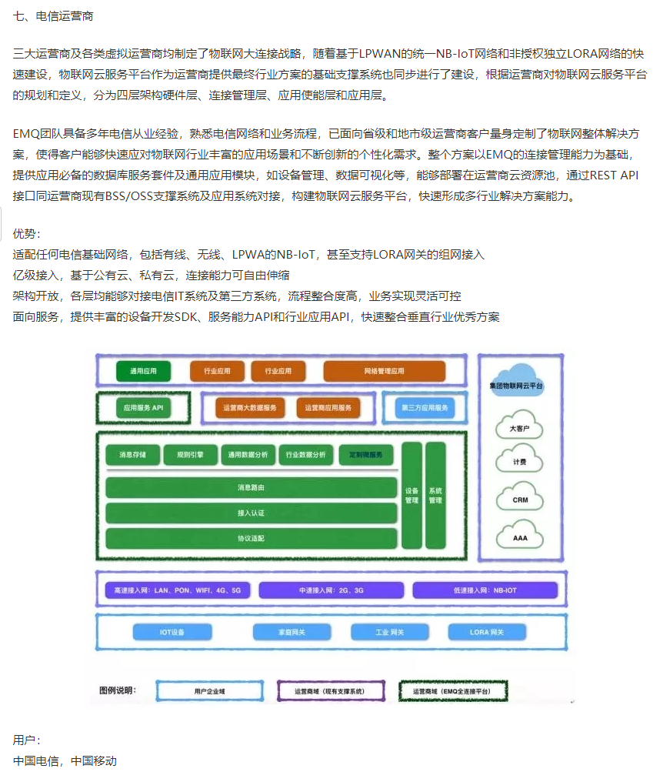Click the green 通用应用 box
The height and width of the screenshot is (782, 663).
[143, 371]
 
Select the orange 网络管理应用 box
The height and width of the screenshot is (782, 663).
[384, 371]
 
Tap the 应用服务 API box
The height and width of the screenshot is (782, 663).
[144, 408]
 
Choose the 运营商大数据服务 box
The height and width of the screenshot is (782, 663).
[249, 408]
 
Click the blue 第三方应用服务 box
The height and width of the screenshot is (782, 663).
[424, 408]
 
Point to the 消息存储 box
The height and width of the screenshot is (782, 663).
[132, 455]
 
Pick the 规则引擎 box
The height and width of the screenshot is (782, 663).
[191, 455]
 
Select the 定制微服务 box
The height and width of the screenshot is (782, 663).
[366, 455]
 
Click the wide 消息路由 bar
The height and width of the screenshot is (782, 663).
[252, 488]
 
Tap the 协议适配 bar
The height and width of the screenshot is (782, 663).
[252, 539]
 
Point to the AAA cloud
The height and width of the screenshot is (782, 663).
[521, 538]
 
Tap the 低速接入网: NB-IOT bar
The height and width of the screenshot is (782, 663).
[485, 590]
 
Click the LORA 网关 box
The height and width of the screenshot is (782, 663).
[487, 632]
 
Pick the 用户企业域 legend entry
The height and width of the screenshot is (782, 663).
[209, 691]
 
